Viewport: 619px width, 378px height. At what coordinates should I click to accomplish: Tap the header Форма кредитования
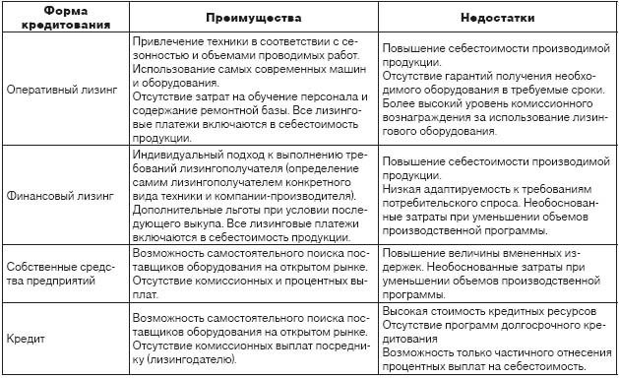(x=65, y=19)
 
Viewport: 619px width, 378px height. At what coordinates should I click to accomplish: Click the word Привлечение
(x=166, y=44)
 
